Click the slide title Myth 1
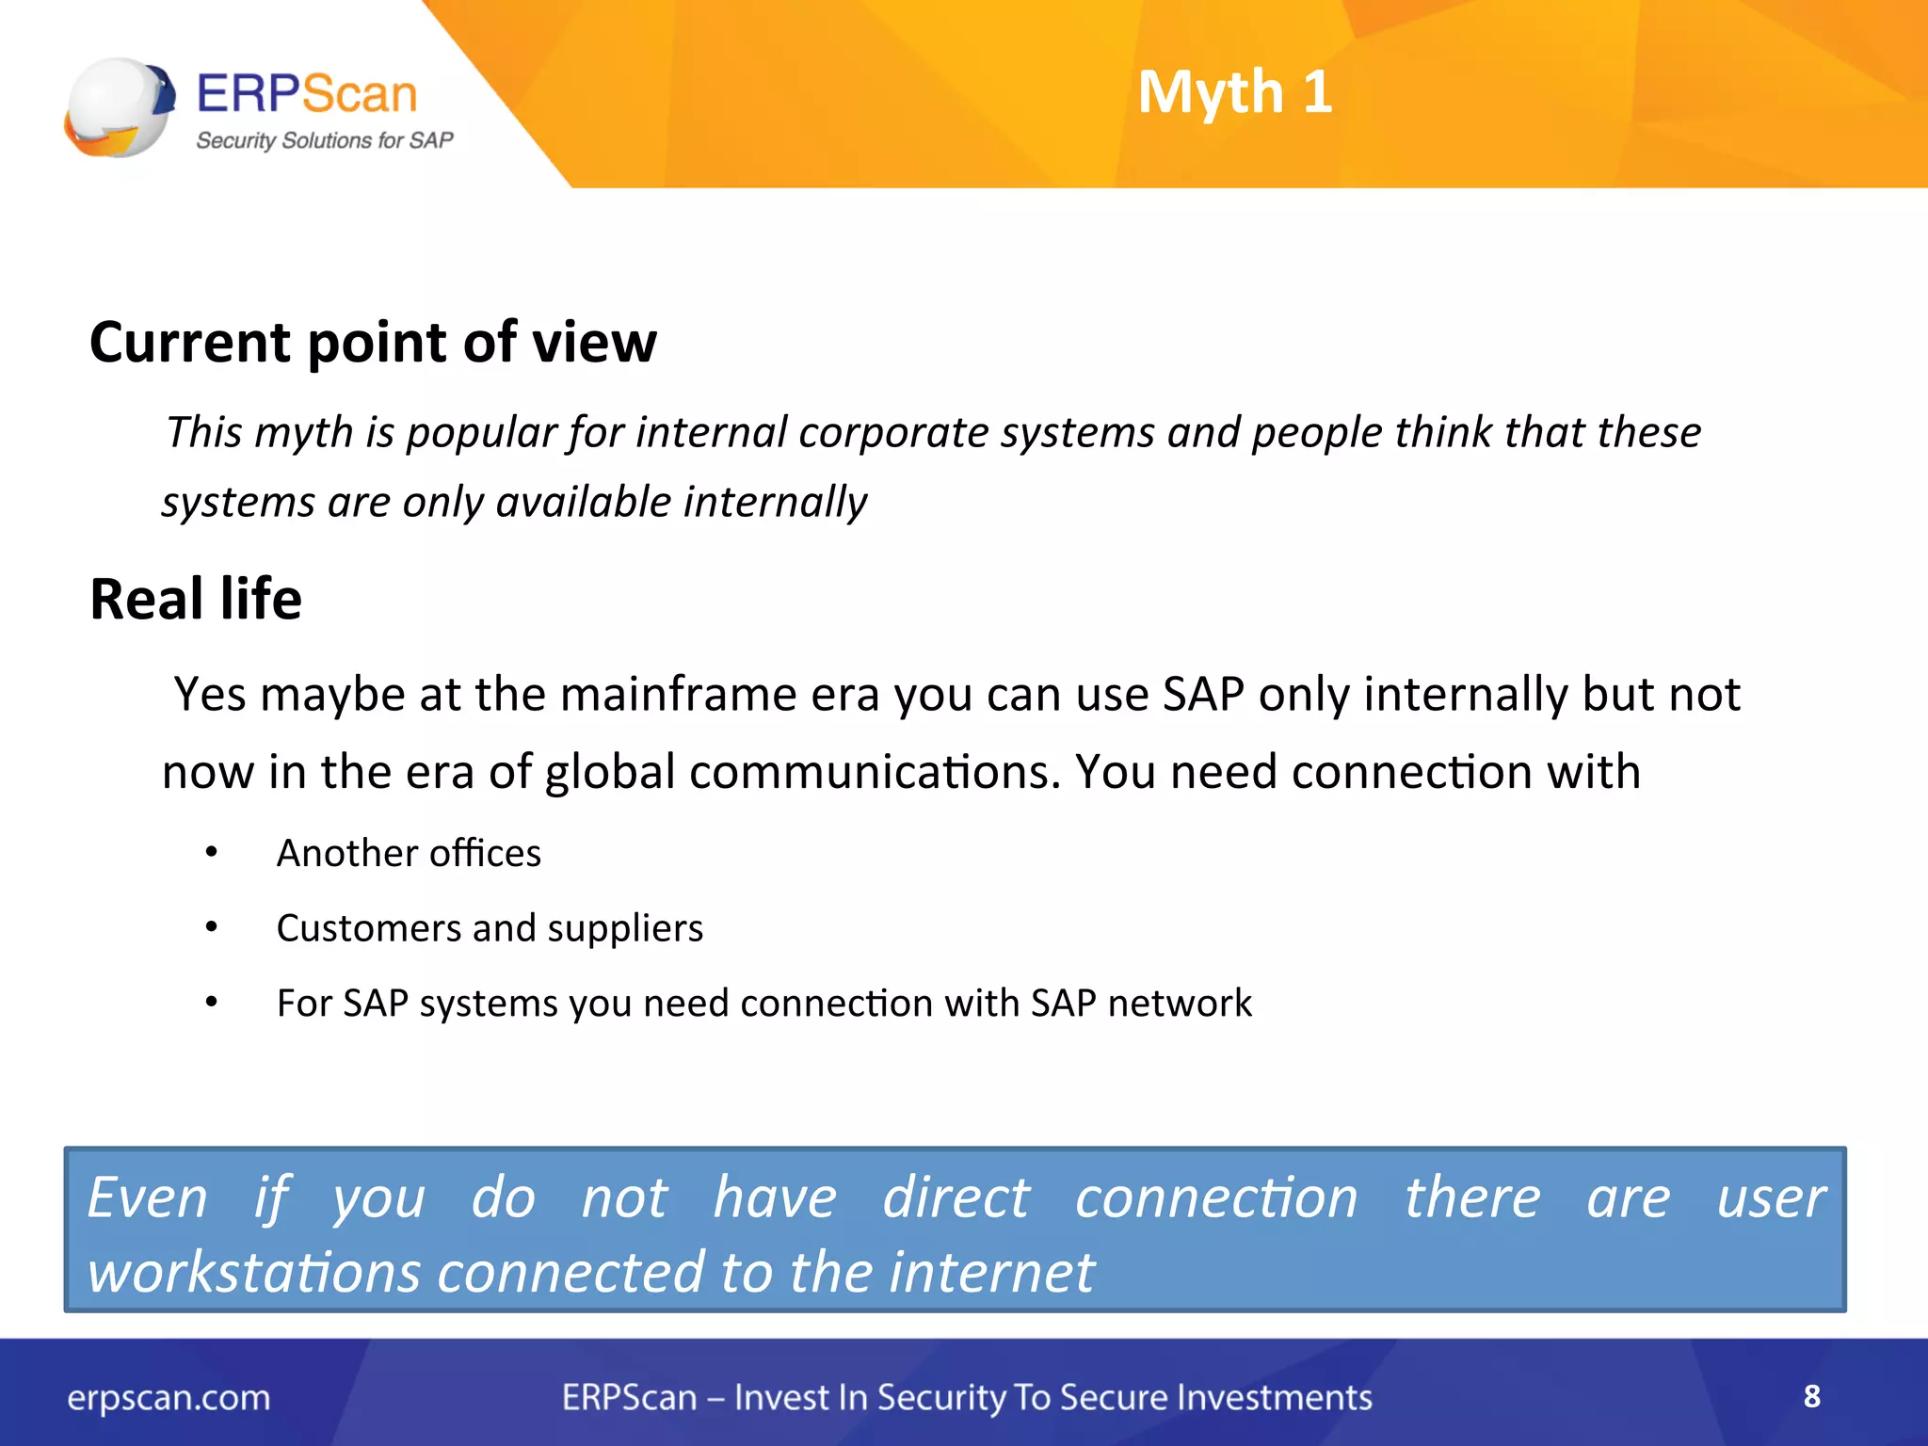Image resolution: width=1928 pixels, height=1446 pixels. click(1234, 92)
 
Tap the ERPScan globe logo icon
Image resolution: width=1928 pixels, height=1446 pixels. click(120, 107)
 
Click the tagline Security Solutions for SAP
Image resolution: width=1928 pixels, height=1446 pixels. click(324, 141)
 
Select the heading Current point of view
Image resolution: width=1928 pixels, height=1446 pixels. click(373, 342)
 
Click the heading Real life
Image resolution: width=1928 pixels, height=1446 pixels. click(196, 599)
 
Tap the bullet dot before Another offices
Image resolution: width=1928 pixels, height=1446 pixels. click(212, 853)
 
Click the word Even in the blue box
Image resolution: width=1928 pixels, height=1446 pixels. click(148, 1198)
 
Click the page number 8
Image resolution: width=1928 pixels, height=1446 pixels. click(1811, 1396)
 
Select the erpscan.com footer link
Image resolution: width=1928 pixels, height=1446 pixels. click(169, 1398)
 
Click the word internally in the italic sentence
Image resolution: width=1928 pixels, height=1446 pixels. click(775, 503)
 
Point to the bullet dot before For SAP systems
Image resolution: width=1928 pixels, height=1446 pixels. click(212, 1004)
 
